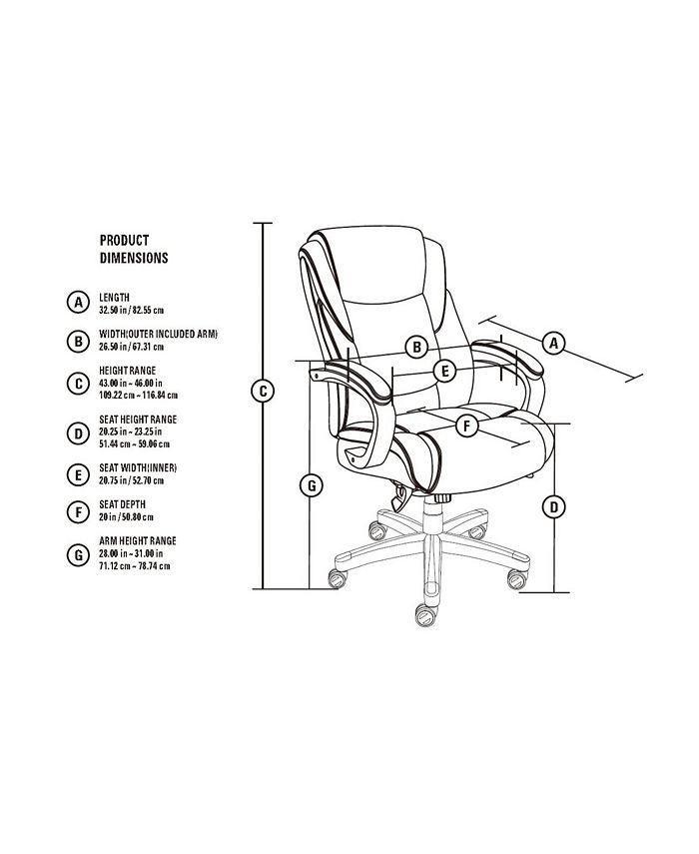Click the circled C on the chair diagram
(x=263, y=392)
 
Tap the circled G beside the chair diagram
(x=312, y=485)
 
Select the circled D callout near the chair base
(x=554, y=506)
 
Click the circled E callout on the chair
(x=445, y=371)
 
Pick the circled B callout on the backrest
(x=417, y=348)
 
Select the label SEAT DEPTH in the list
(x=123, y=505)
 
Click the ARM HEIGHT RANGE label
(x=136, y=540)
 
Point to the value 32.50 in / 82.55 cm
(x=131, y=310)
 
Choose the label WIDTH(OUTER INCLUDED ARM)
(x=158, y=334)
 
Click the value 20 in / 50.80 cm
(x=127, y=517)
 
